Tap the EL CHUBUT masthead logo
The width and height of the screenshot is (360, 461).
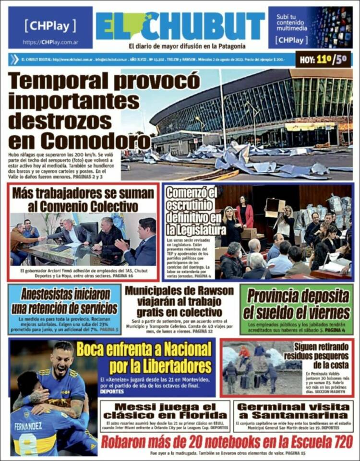180,26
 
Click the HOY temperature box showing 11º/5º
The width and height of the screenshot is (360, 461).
323,60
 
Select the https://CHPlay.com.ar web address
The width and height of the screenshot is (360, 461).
50,42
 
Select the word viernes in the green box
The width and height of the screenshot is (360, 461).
326,313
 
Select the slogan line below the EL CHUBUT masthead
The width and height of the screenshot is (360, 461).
187,47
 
